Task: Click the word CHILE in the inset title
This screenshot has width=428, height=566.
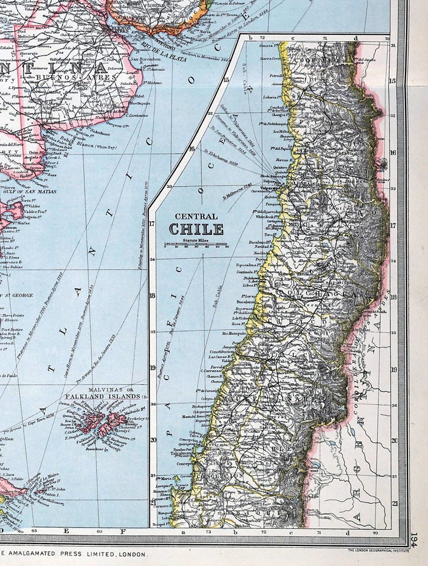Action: point(197,229)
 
